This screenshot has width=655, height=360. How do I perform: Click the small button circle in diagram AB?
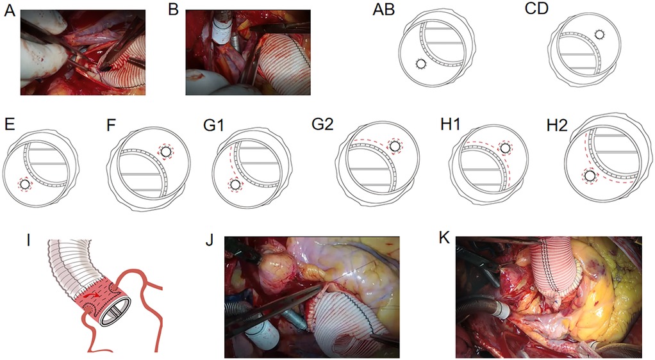[420, 64]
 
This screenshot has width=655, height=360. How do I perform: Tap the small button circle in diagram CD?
[599, 34]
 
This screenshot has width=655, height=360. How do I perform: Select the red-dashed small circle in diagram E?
[24, 184]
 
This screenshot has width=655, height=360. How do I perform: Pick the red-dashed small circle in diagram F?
[166, 152]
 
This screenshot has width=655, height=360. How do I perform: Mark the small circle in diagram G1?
[235, 184]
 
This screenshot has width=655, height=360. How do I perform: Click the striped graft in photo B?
[285, 61]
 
